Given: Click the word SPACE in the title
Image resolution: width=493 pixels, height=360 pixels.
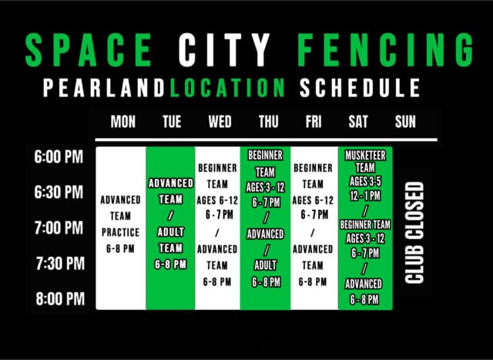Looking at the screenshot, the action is (89, 50).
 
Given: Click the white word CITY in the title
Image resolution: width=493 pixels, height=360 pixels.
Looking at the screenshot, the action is (224, 50).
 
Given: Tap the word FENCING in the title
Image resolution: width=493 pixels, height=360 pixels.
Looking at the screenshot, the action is (385, 50).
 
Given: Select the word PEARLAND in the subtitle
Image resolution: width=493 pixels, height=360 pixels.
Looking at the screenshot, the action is (104, 88).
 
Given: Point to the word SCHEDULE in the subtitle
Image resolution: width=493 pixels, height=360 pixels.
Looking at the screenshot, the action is (360, 88).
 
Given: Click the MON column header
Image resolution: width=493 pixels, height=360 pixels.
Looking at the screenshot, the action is (123, 122).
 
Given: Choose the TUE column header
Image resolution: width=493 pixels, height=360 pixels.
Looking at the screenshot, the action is (172, 122).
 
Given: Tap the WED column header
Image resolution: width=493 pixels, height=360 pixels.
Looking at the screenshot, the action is (220, 122).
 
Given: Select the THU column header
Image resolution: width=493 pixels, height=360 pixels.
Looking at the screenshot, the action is (269, 122).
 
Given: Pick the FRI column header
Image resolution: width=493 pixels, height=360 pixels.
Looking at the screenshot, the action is (314, 122).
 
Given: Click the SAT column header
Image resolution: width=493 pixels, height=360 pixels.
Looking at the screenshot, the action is (358, 122).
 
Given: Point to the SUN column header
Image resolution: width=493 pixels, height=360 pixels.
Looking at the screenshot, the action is (405, 122).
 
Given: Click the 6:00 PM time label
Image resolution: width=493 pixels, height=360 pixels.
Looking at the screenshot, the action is (59, 156).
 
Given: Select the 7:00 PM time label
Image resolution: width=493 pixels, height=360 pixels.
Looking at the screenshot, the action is (59, 228).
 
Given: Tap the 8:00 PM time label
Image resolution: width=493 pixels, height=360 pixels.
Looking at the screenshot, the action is (60, 298).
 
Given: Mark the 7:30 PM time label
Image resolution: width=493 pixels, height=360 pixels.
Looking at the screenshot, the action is (60, 264).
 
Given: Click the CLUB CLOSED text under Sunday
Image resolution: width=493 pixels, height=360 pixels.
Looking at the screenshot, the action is (414, 233).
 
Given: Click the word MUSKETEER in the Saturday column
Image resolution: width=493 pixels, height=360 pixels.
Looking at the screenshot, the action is (365, 156).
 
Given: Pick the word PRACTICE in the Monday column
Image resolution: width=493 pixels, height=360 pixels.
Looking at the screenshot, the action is (120, 233).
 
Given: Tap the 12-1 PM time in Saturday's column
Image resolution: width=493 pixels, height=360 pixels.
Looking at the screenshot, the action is (365, 196).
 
